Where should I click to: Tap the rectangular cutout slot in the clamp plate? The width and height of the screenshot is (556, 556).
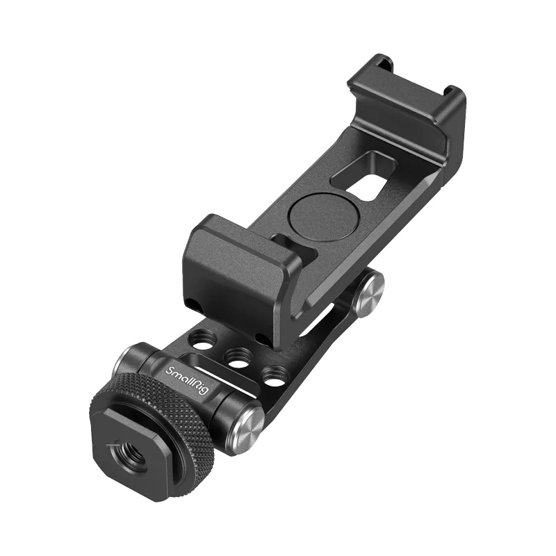coord(363,176)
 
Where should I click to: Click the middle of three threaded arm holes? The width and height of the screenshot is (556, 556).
coord(238,357)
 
